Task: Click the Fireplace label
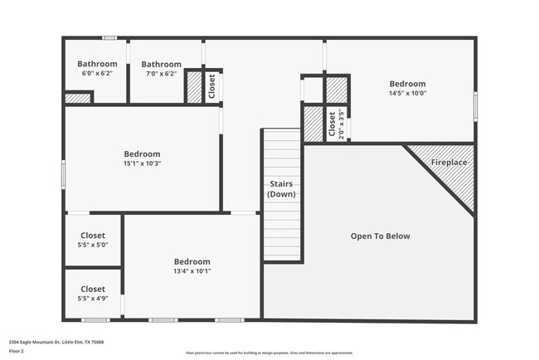coord(449,163)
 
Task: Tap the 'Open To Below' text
coord(380,236)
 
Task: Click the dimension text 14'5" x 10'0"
coord(407,94)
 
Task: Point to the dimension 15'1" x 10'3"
coord(142,163)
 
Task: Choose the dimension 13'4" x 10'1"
coord(192,271)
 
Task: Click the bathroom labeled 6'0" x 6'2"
coord(97,74)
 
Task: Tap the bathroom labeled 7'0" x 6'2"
coord(161,74)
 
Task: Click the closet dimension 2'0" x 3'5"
coord(341,124)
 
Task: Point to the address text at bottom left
coord(56,342)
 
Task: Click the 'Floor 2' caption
coord(17,352)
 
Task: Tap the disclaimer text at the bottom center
coord(269,353)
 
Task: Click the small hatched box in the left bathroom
coord(78,98)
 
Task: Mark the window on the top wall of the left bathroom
coord(109,38)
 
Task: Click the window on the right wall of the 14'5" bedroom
coord(476,105)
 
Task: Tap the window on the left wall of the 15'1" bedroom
coord(64,174)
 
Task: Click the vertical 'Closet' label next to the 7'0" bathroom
coord(212,86)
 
